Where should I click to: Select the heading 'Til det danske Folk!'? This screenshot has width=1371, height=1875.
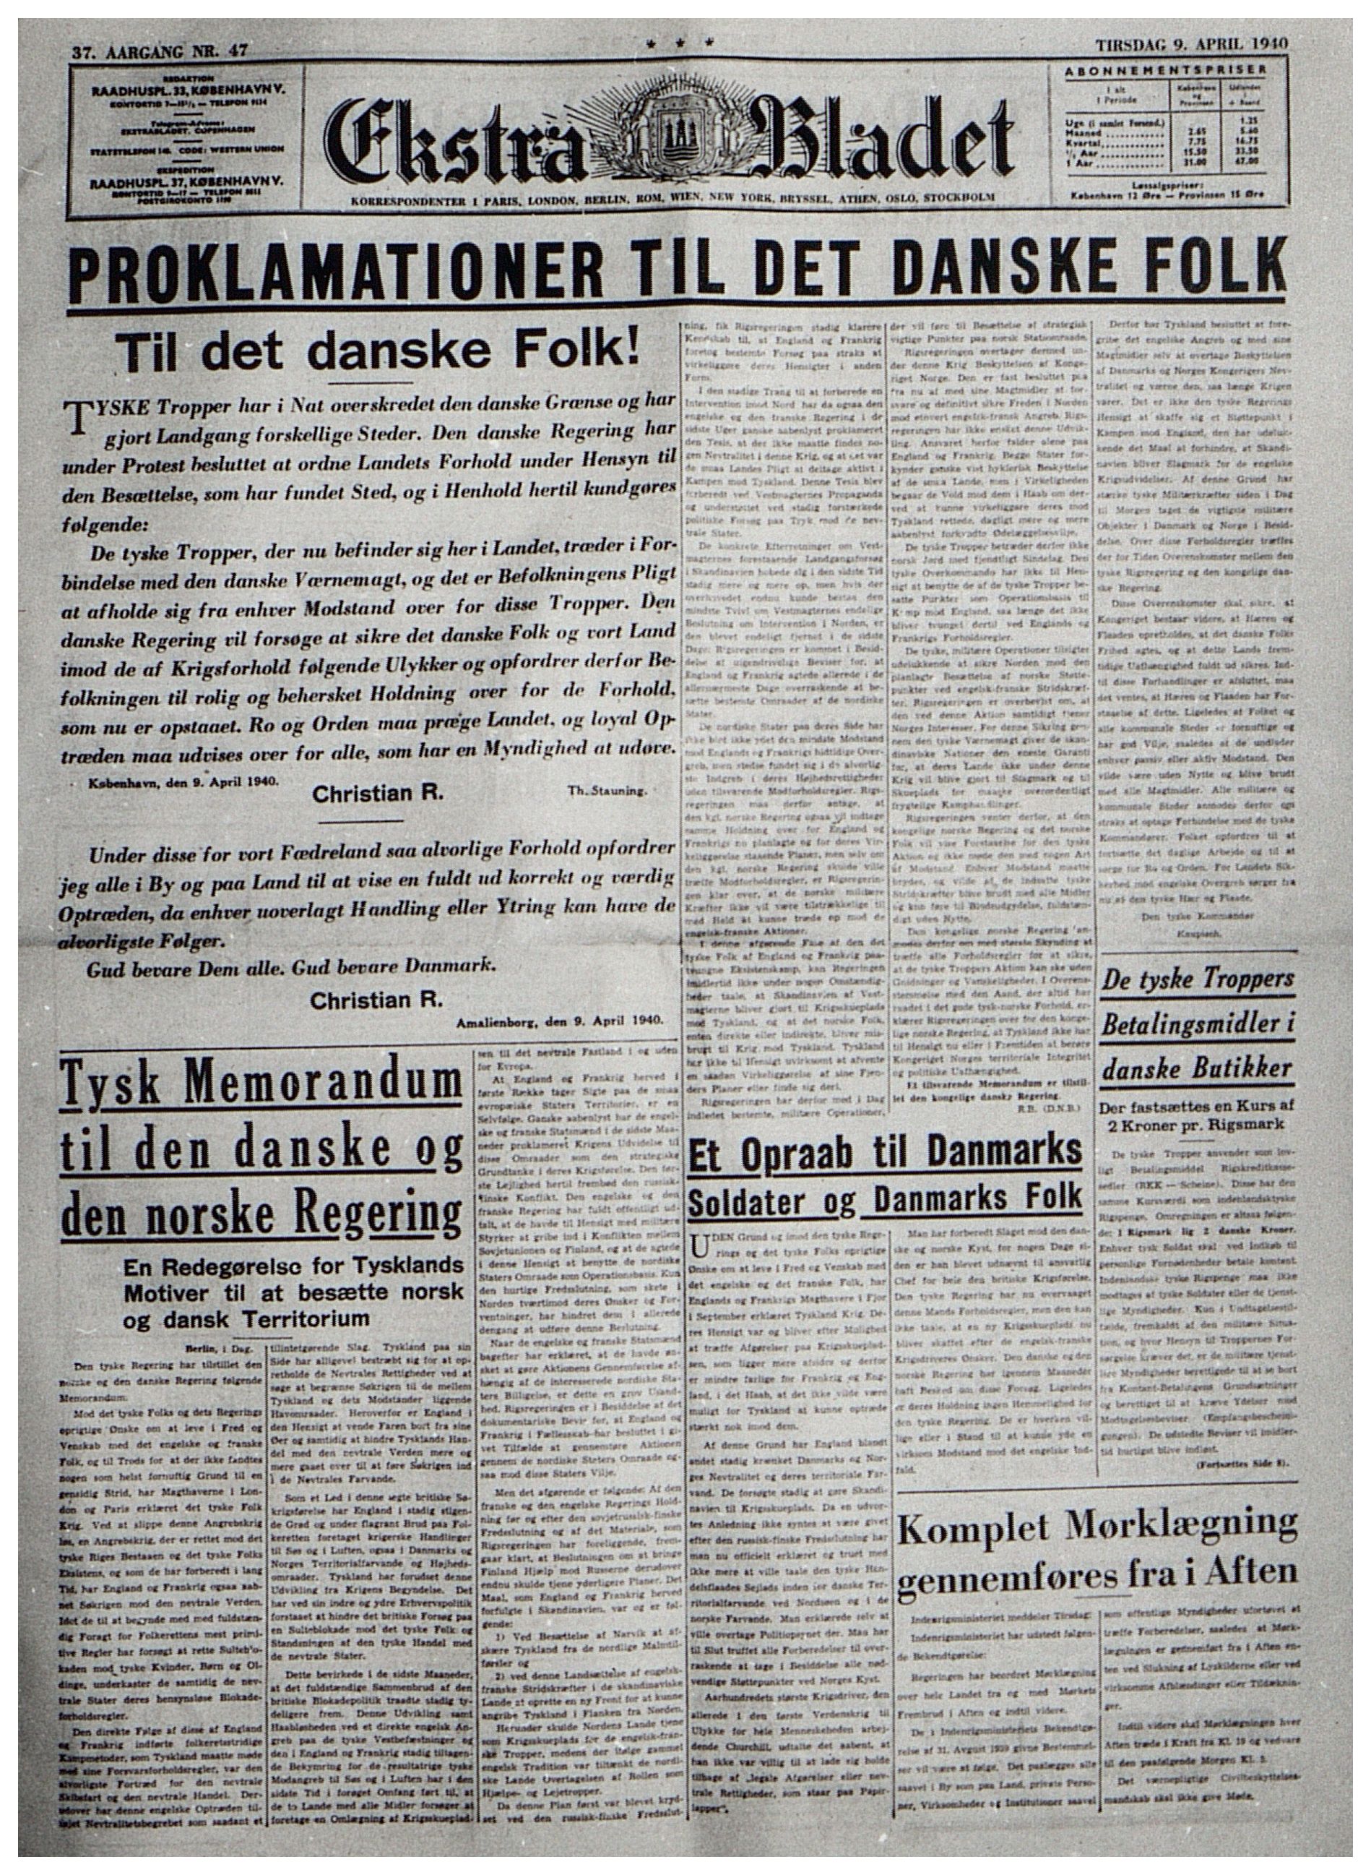379,351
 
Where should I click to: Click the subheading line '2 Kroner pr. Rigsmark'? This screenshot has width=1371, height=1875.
1197,1123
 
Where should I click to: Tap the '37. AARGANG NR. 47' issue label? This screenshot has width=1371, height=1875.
160,50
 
